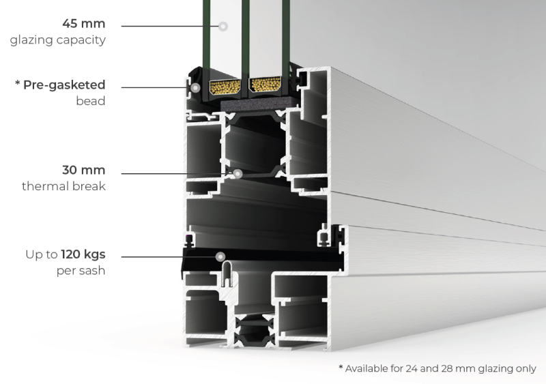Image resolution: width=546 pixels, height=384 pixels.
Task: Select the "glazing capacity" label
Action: tap(58, 40)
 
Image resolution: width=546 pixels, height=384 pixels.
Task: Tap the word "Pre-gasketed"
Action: tap(64, 85)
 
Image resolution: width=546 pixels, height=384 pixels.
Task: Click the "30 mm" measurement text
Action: tap(84, 171)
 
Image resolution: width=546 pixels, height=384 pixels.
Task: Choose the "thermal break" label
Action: tap(64, 186)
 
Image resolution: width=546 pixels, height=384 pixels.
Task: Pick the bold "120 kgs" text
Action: tap(83, 255)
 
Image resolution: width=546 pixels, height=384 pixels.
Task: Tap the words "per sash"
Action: tap(81, 271)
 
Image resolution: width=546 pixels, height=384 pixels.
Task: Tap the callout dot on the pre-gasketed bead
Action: tap(195, 88)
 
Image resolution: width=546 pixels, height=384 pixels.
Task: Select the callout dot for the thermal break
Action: tap(237, 173)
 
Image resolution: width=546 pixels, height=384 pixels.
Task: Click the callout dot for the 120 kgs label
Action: tap(220, 257)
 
